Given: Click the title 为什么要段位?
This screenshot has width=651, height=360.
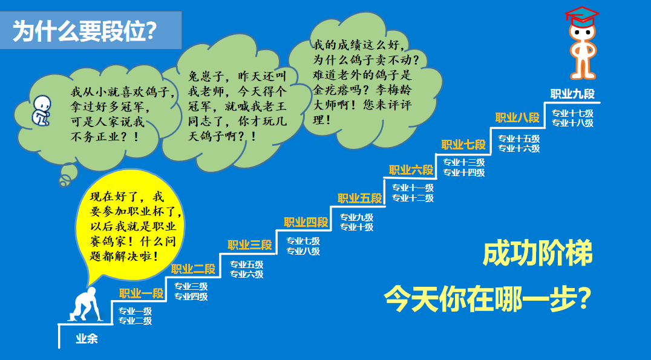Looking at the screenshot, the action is tap(85, 31).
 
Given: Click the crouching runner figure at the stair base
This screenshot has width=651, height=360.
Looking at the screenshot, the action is tap(86, 304).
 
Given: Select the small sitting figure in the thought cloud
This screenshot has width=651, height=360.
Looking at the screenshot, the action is tap(41, 111).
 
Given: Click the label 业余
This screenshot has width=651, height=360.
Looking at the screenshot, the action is tap(87, 338).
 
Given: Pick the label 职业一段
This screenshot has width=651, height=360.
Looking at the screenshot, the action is tap(142, 293).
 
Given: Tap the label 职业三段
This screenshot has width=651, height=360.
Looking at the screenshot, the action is tap(249, 245).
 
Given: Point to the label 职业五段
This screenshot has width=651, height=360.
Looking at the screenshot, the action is tap(359, 198).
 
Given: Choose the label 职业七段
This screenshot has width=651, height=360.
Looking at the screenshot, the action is tap(463, 145).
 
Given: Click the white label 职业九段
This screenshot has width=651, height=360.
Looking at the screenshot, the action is tap(572, 94).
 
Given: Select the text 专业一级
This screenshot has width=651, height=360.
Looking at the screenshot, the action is tap(136, 311).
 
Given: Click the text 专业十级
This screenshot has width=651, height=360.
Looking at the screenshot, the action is tap(356, 227).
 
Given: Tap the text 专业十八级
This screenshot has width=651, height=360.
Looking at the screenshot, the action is tap(572, 123).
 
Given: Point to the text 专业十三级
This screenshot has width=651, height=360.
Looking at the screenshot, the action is tap(464, 162).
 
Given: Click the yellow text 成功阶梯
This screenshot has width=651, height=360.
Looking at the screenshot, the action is tap(538, 253).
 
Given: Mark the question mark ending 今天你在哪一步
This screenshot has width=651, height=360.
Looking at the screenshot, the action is tap(584, 298).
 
